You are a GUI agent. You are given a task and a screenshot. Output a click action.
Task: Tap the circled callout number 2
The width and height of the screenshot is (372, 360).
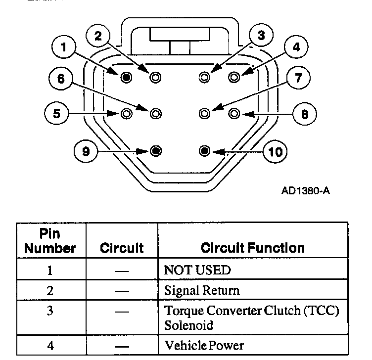(x=98, y=36)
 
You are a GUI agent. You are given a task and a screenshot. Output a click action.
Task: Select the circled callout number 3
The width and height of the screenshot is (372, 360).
(x=262, y=36)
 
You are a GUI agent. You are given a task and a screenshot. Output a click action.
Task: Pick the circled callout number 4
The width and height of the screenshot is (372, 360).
(x=296, y=48)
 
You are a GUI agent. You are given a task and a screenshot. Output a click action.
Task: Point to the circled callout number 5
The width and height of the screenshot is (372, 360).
(x=57, y=114)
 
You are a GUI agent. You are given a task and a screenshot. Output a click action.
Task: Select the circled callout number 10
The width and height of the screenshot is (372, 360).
(x=275, y=151)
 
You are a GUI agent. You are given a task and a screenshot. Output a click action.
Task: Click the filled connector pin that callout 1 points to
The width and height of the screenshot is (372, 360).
(x=126, y=77)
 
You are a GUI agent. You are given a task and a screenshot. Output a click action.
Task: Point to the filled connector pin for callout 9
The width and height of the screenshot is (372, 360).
(x=156, y=150)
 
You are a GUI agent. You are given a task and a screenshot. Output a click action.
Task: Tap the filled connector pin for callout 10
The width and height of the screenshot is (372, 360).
(x=205, y=150)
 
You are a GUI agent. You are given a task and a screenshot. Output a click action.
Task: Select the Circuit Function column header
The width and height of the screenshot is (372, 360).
(x=252, y=247)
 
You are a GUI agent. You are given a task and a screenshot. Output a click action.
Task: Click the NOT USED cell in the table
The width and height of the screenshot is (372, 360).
(x=197, y=270)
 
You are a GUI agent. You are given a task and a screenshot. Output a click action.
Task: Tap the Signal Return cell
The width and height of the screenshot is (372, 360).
(x=202, y=290)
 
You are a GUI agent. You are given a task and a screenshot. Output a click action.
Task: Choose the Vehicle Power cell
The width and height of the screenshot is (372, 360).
(x=204, y=345)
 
